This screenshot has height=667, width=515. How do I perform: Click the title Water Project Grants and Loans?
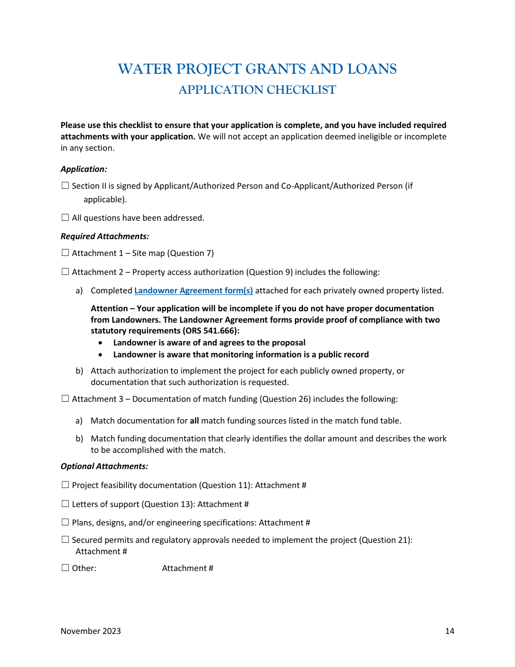[257, 69]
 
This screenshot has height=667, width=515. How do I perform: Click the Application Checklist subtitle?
[257, 90]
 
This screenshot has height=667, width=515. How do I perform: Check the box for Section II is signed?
[65, 185]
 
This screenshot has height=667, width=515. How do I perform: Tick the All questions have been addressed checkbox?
[65, 217]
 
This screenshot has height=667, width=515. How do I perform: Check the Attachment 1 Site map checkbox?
[65, 253]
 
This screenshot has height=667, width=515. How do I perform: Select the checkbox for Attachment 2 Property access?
[65, 272]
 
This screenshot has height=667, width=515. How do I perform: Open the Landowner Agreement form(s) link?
[194, 291]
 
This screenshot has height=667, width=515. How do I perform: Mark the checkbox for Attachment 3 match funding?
[65, 399]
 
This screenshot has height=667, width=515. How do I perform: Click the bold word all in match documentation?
[194, 421]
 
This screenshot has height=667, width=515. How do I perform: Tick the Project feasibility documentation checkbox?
[65, 485]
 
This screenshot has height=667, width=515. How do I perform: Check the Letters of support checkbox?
[65, 504]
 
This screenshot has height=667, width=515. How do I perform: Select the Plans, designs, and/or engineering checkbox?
[65, 522]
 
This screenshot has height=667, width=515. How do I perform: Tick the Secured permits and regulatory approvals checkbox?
[65, 540]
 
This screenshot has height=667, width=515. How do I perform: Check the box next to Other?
[65, 568]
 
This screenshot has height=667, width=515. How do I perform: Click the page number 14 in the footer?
[449, 631]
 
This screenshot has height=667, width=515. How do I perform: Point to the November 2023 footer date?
[91, 631]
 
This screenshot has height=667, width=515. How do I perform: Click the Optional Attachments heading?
[104, 466]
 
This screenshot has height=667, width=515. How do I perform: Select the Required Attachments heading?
[105, 236]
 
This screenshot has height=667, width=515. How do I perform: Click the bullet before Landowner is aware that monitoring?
[101, 355]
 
